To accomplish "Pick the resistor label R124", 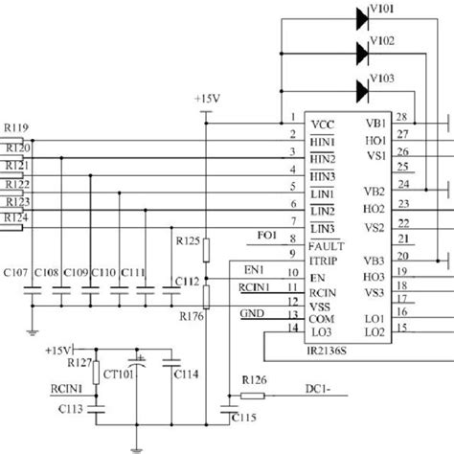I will pos(15,218).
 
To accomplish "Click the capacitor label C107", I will pos(15,272).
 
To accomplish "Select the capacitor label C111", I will pos(134,272).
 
